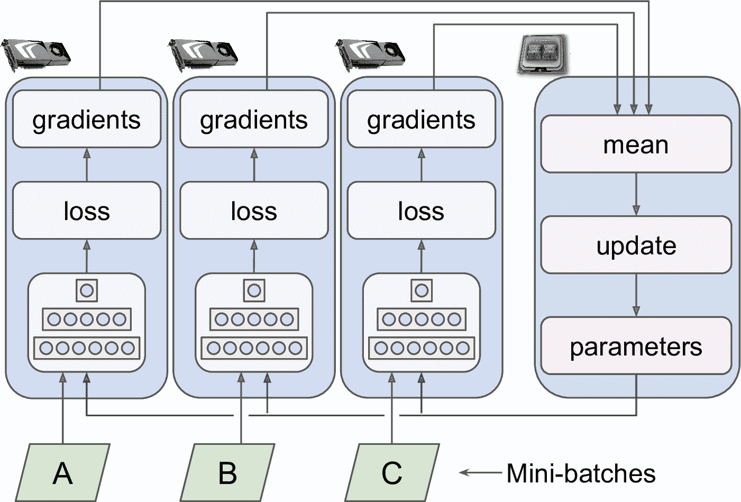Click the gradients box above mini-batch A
pos(87,120)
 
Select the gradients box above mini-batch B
pos(254,120)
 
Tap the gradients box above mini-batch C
pos(421,120)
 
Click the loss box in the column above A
pos(87,211)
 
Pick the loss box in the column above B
pos(254,211)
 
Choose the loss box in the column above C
pos(421,211)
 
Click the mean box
pos(636,144)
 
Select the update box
pos(636,245)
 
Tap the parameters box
pos(636,346)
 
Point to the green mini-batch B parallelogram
pos(227,472)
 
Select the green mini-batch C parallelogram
pos(392,472)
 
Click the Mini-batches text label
pos(581,473)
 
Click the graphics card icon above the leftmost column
pos(36,53)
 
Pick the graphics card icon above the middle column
pos(203,53)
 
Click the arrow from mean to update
pos(636,194)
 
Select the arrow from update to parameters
pos(636,295)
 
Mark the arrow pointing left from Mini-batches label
pos(480,472)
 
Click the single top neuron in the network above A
pos(87,290)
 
